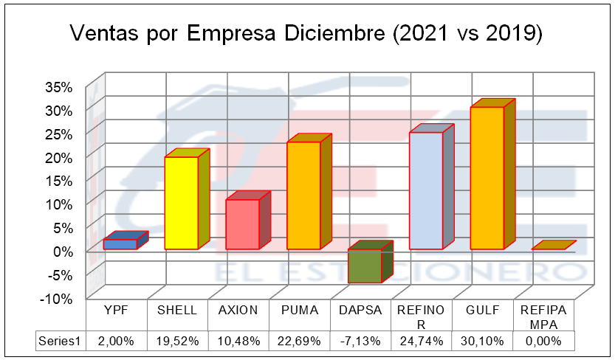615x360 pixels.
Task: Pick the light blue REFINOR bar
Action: click(x=426, y=190)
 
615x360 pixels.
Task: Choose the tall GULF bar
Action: click(x=487, y=178)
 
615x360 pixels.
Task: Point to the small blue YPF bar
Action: click(x=120, y=243)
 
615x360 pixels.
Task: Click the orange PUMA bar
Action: click(x=303, y=195)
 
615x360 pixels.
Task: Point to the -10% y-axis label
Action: click(x=56, y=298)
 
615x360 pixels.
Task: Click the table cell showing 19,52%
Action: click(x=177, y=342)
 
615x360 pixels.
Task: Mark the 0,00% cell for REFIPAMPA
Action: click(x=544, y=342)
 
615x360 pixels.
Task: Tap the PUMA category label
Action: click(x=300, y=311)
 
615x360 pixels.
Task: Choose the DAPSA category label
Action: click(x=361, y=311)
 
